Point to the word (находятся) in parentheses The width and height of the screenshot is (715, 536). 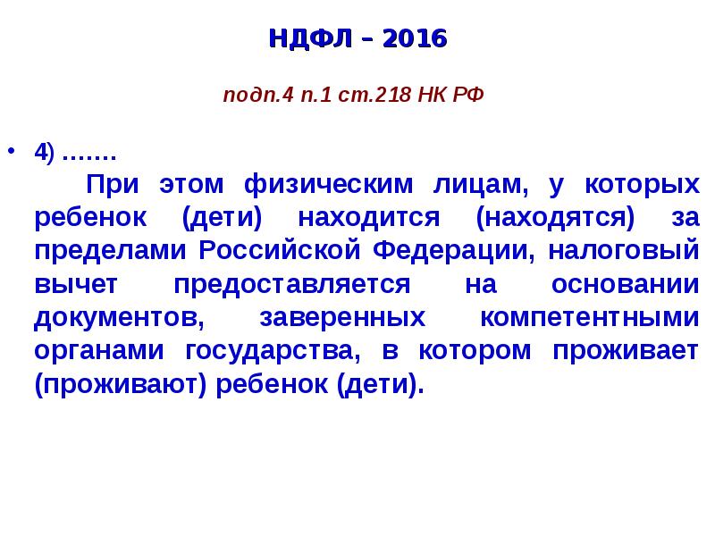point(555,217)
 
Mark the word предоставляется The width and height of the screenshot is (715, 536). point(292,284)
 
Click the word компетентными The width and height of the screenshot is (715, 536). point(589,317)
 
